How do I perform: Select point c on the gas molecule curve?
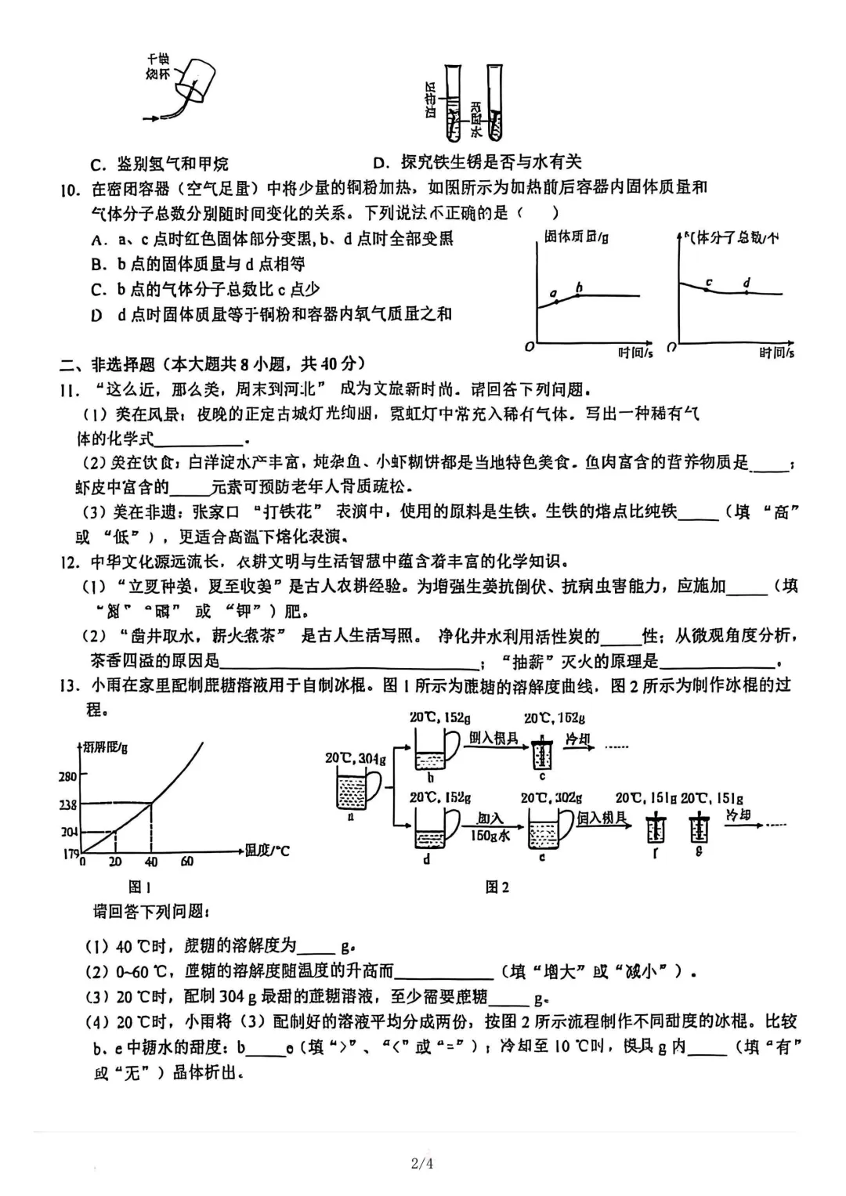(x=708, y=289)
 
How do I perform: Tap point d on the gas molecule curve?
(x=746, y=292)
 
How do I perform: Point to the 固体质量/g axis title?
(x=576, y=237)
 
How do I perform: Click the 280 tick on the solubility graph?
(x=68, y=776)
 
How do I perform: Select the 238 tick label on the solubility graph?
(x=68, y=804)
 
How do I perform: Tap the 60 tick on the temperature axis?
(x=186, y=862)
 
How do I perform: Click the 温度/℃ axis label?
(x=267, y=850)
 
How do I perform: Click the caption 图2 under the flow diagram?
(x=497, y=887)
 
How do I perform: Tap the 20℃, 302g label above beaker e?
(x=551, y=797)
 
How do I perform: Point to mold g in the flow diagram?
(x=699, y=829)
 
